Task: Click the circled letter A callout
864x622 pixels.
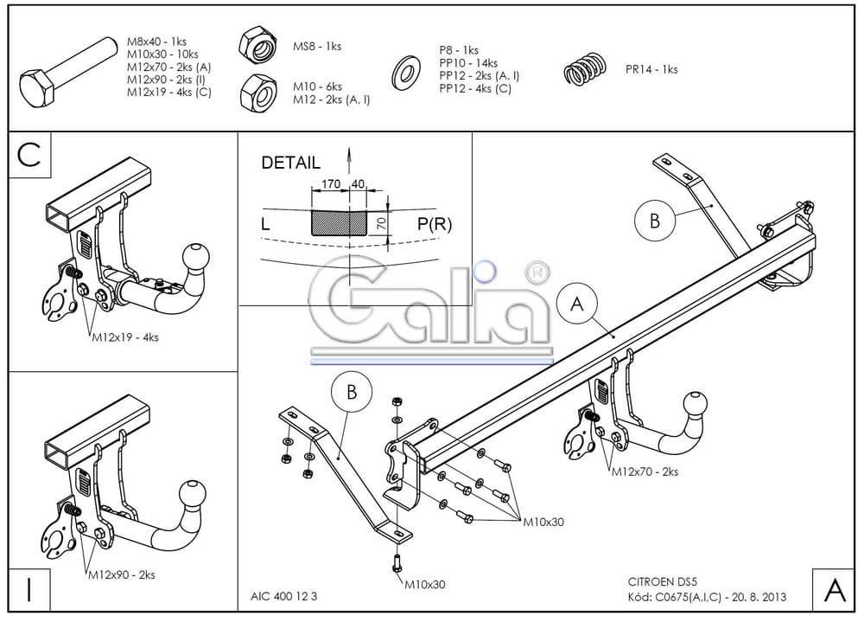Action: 577,304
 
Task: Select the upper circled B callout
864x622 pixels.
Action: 655,220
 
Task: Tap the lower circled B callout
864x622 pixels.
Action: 352,392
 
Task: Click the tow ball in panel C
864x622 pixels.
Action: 195,257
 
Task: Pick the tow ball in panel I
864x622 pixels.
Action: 194,496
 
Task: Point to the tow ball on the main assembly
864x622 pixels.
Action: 696,405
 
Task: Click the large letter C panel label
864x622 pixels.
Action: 29,155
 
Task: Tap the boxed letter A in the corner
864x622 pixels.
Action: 835,589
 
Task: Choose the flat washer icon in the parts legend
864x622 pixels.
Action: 405,72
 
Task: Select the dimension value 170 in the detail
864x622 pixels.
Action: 329,183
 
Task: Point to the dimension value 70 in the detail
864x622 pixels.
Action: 380,224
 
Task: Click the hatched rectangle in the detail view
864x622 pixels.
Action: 341,222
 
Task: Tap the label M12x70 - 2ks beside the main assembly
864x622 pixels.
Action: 645,472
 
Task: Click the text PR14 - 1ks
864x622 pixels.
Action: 651,70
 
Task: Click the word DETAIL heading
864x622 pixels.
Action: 290,162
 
